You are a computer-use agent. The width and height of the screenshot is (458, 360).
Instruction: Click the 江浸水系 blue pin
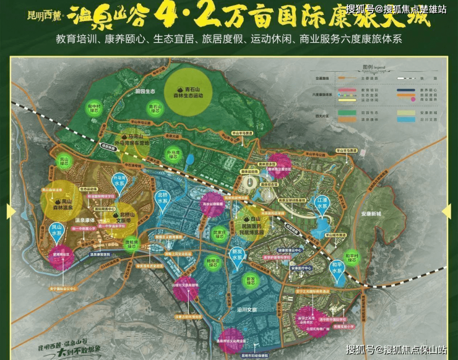click(321, 202)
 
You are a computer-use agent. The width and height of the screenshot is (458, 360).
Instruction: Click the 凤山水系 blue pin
click(56, 232)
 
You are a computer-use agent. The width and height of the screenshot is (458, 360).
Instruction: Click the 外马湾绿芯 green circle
click(173, 152)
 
